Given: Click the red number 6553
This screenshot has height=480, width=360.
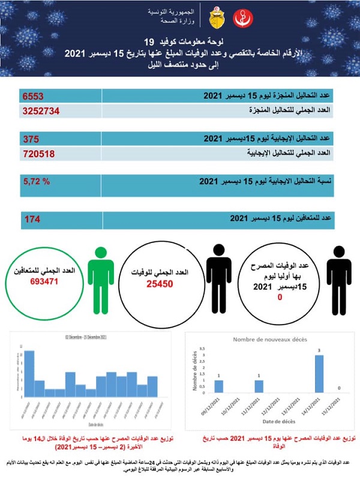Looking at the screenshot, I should coord(34,96).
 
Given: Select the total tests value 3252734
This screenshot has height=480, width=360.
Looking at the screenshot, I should coord(43,111).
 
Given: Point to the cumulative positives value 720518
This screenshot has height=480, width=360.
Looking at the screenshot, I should coord(38,154).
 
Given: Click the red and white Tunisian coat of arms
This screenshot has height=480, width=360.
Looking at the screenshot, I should coord(216,17).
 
